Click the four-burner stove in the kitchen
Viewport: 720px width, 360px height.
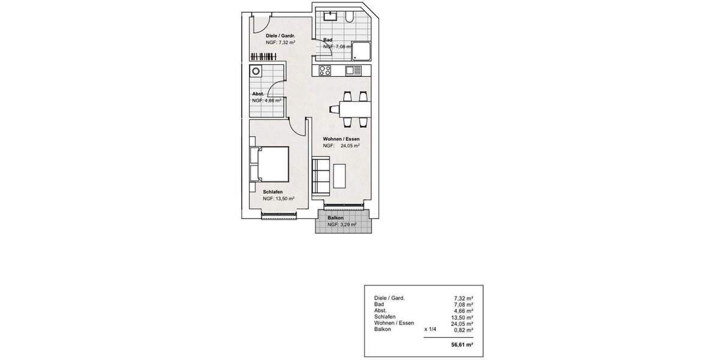pos(326,71)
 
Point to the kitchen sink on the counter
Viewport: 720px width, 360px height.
pos(354,71)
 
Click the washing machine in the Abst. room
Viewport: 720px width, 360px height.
pos(257,71)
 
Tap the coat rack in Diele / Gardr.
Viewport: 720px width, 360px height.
pos(265,57)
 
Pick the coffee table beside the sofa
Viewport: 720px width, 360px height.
pos(340,175)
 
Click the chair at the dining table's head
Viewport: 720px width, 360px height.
pos(334,109)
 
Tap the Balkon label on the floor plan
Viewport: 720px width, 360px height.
pos(337,218)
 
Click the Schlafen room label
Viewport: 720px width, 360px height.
pos(272,192)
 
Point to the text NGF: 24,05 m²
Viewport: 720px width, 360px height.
pos(341,146)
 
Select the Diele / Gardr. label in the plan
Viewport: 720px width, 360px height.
pos(280,37)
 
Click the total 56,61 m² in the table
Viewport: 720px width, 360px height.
pos(462,346)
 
